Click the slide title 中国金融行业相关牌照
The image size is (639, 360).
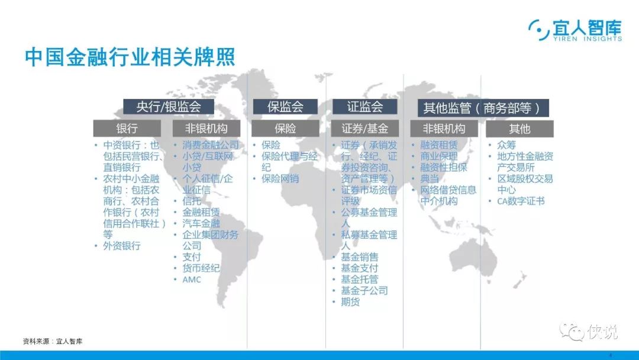click(130, 57)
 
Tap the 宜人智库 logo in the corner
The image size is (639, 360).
click(575, 30)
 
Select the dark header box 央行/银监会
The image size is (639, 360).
click(168, 107)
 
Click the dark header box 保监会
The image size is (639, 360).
click(285, 107)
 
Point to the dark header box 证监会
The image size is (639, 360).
click(364, 107)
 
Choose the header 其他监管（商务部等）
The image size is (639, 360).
click(483, 108)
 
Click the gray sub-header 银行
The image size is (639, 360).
click(127, 128)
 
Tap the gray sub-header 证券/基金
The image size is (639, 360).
click(364, 128)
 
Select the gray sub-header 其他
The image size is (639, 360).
click(519, 129)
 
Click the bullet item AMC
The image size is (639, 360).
click(192, 279)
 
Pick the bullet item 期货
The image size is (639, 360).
click(350, 302)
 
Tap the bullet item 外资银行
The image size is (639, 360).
click(122, 246)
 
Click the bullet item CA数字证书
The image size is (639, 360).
click(521, 201)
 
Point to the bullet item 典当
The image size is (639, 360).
click(430, 179)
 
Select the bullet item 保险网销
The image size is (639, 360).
click(280, 179)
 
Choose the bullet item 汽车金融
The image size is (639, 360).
click(201, 223)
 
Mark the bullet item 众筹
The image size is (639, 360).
click(506, 144)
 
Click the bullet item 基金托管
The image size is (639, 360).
click(360, 279)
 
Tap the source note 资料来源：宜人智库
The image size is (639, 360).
click(53, 341)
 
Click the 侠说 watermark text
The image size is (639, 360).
click(602, 332)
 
